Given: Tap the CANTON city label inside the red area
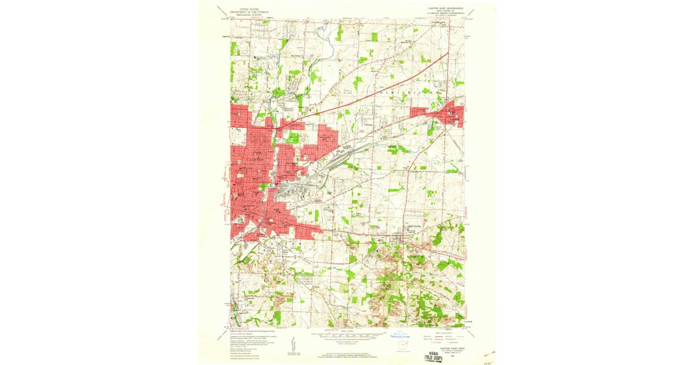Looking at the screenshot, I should point(255,159).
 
